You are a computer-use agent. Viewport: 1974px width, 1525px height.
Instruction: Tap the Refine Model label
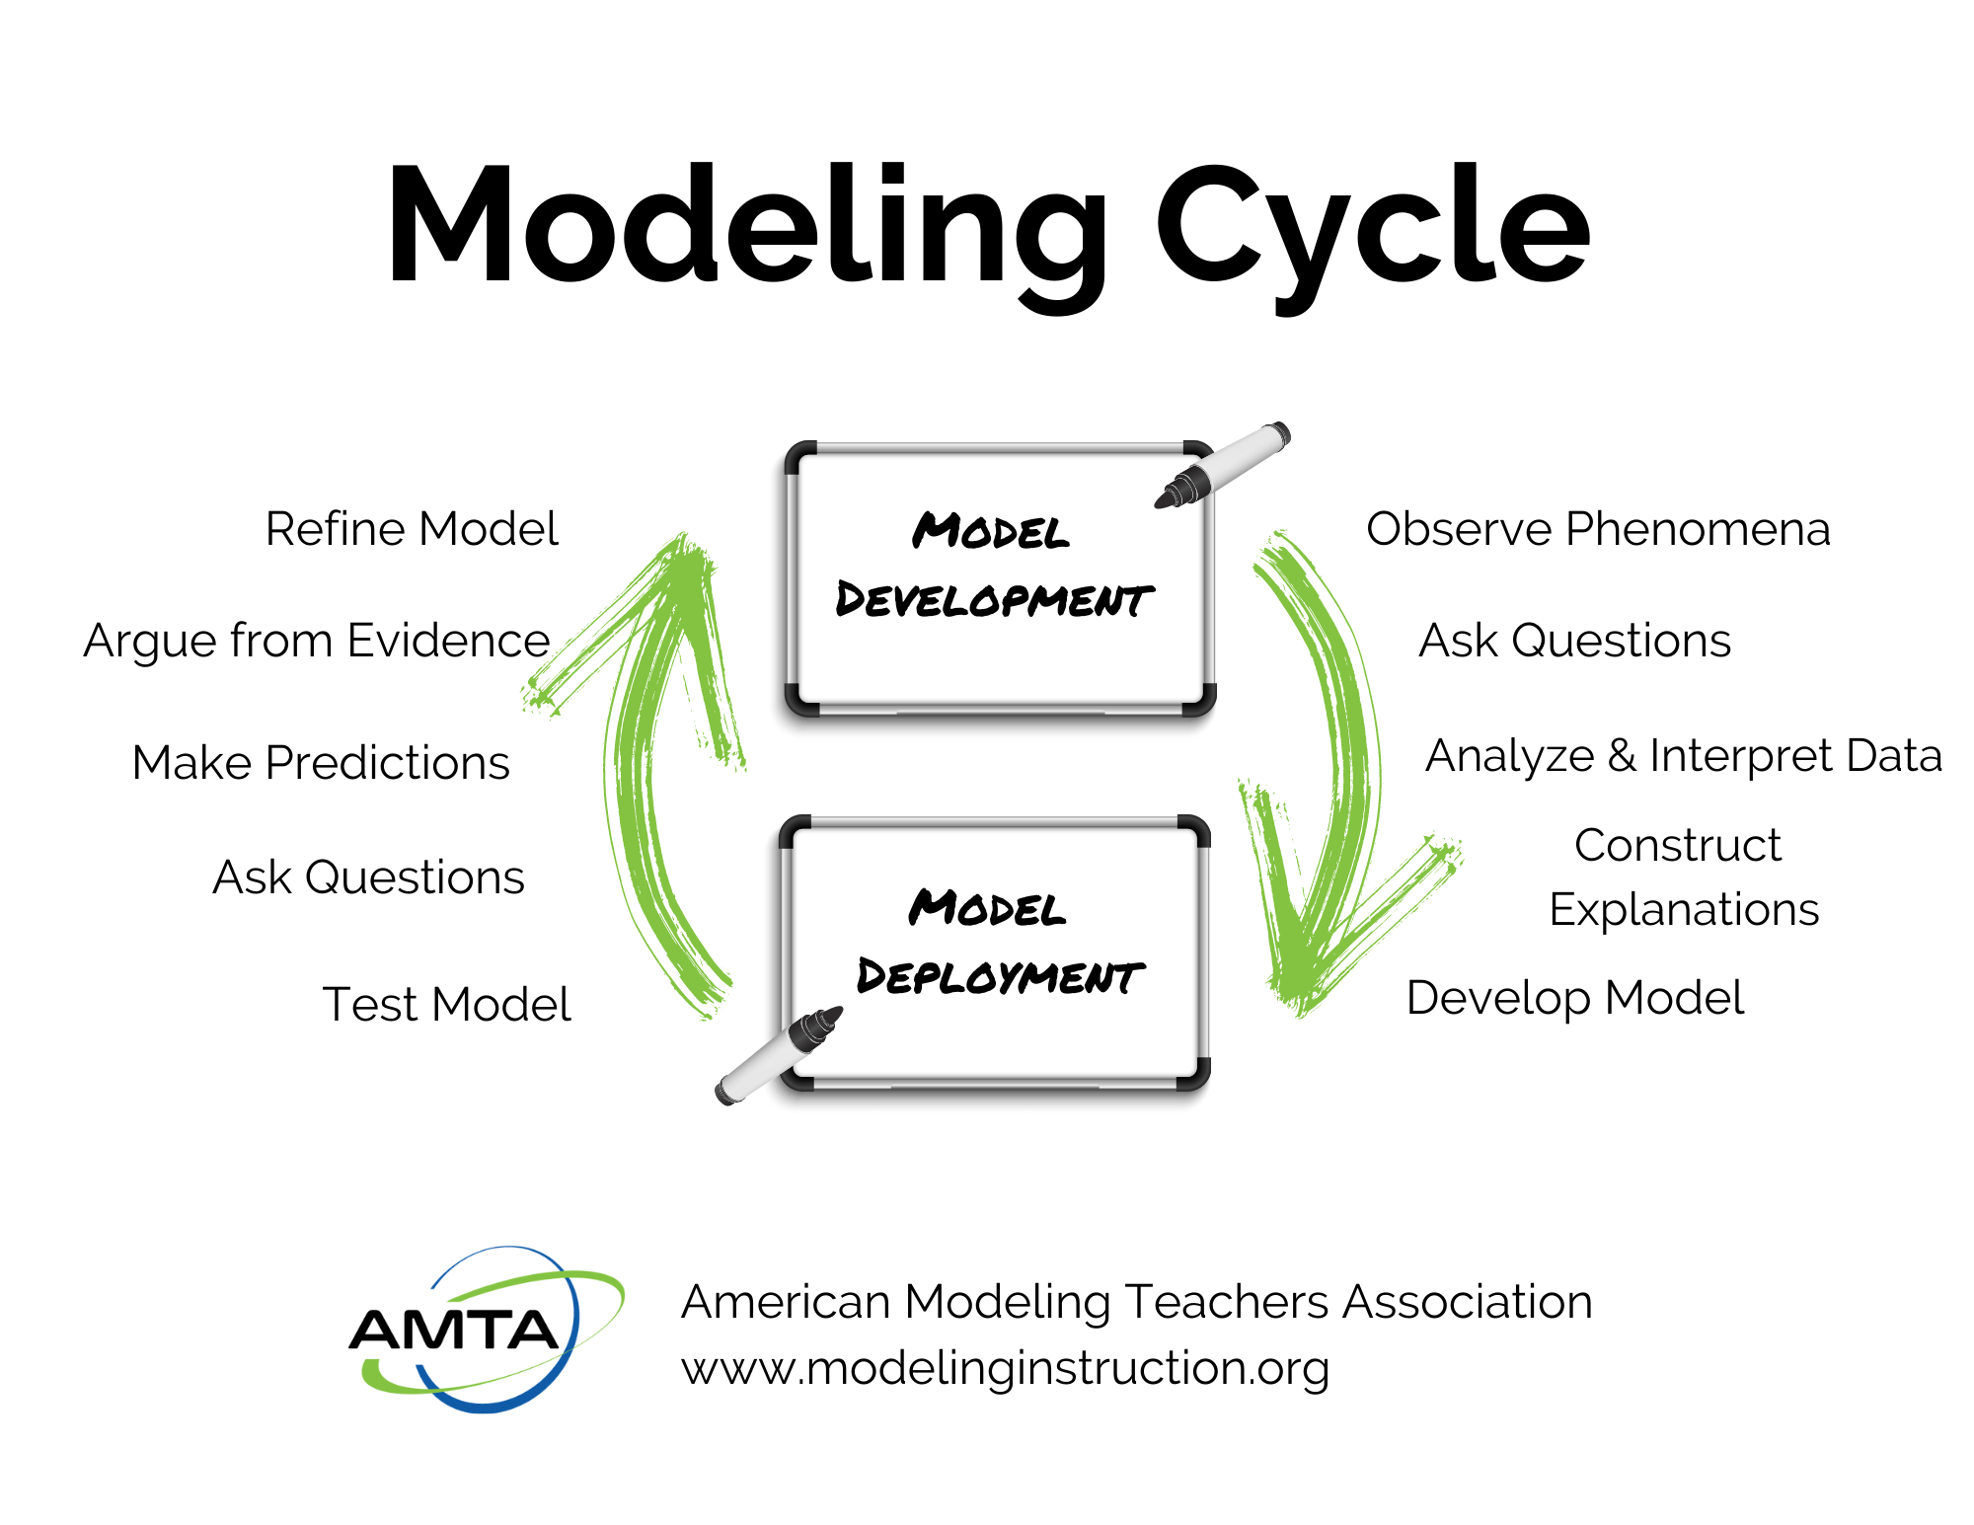click(412, 529)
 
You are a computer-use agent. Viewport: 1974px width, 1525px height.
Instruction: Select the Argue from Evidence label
click(317, 641)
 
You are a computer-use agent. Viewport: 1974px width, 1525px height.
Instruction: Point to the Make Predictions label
click(321, 763)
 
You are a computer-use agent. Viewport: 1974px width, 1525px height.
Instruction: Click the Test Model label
click(446, 1005)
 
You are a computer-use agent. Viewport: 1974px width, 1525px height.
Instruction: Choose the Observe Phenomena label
click(1598, 529)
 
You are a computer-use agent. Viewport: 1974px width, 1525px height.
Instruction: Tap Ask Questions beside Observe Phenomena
click(1574, 641)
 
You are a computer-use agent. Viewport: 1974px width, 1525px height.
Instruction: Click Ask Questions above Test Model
click(368, 877)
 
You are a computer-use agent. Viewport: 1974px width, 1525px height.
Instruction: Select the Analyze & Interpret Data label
click(1684, 756)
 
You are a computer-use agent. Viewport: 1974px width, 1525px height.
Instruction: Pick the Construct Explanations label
click(1682, 877)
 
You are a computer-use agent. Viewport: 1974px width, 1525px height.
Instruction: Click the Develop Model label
click(1575, 998)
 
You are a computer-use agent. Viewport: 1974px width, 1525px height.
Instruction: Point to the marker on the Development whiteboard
click(1224, 465)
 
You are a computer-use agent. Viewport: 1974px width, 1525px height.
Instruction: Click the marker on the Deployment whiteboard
click(779, 1055)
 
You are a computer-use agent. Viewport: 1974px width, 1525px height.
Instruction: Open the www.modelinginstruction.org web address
click(1005, 1368)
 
